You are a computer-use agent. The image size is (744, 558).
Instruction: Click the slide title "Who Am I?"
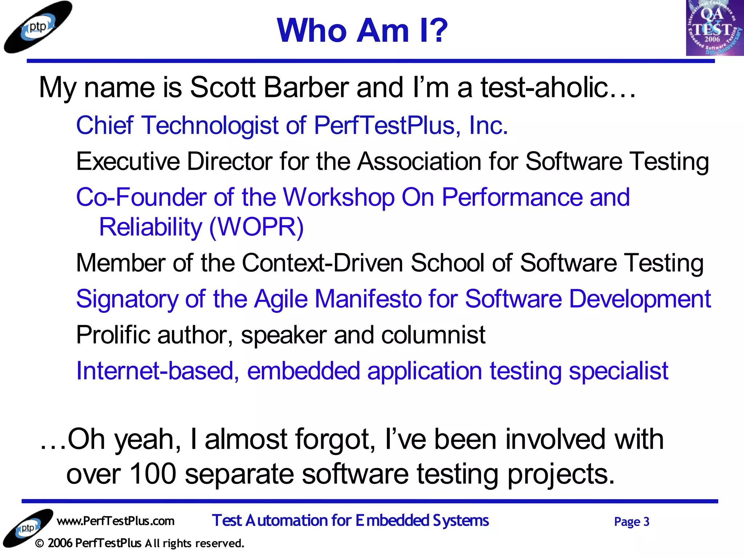tap(362, 31)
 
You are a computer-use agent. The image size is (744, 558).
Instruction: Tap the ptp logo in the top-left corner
tap(38, 27)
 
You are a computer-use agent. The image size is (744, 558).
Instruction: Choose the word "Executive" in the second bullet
tap(128, 161)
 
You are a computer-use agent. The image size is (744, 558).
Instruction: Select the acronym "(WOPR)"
tap(256, 227)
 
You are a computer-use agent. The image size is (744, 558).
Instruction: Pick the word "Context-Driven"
tap(322, 263)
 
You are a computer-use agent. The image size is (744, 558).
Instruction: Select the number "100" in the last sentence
tap(153, 474)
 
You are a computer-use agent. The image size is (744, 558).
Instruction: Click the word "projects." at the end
tap(561, 475)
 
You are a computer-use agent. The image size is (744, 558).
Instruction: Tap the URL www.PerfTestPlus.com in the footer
tap(116, 521)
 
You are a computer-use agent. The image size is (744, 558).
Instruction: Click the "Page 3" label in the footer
tap(631, 522)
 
